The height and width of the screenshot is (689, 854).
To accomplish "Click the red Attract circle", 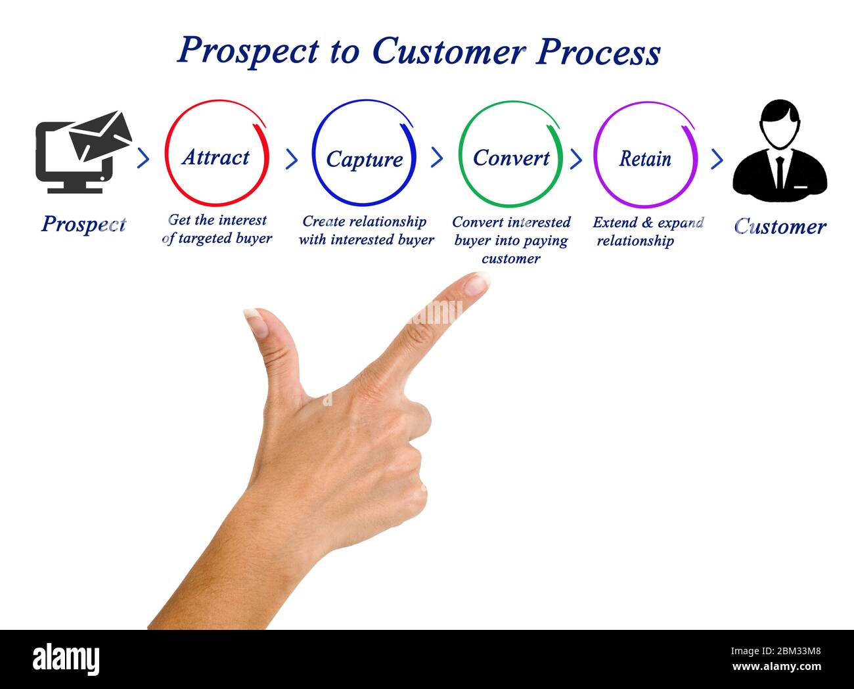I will coord(216,154).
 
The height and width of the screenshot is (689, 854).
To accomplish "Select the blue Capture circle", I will coord(363,154).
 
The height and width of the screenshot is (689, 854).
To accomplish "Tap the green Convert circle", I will coord(510,155).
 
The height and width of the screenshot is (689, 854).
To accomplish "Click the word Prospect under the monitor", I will coord(83,224).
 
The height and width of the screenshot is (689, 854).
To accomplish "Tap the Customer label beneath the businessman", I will coord(780,227).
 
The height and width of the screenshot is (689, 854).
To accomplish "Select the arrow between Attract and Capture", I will coord(291,159).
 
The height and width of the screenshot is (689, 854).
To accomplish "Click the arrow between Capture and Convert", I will coord(437,158).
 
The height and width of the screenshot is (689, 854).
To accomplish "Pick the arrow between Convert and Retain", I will coord(576,159).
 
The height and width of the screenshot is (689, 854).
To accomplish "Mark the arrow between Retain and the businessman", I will coord(717,159).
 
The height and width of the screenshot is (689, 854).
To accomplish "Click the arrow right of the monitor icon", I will coord(143,158).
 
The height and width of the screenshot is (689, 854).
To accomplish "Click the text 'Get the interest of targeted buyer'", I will coord(217,229).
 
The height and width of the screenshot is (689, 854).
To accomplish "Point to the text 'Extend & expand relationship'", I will coord(647,232).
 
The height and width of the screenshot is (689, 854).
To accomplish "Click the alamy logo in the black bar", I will coord(66,659).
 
